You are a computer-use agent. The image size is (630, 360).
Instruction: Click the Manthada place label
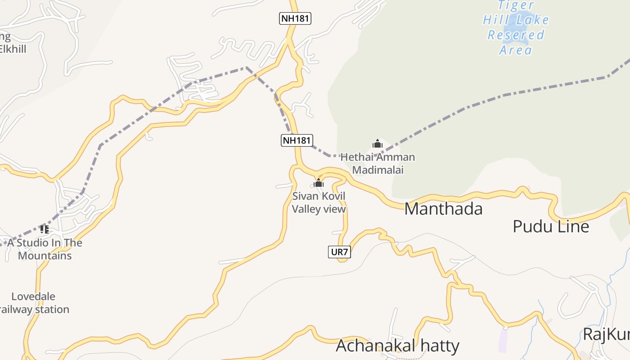[443, 209]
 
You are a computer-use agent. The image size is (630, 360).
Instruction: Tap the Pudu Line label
[551, 226]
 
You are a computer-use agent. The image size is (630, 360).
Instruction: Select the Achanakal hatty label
[397, 346]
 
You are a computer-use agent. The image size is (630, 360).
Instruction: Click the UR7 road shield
[339, 252]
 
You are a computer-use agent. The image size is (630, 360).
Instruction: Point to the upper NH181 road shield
[295, 18]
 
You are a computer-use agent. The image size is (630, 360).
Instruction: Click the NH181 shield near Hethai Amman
[297, 140]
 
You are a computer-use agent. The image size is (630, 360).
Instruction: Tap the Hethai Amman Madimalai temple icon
[378, 144]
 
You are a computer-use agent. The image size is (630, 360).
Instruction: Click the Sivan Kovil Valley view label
[319, 202]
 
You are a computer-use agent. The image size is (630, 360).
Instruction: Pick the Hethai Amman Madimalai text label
[378, 163]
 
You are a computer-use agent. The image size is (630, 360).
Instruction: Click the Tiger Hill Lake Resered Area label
[516, 27]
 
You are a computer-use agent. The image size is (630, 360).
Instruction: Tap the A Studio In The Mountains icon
[44, 229]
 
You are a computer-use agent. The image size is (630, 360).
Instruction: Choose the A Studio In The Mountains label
[45, 249]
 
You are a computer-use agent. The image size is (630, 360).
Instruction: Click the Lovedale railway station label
[34, 303]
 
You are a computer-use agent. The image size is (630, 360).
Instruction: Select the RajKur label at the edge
[606, 335]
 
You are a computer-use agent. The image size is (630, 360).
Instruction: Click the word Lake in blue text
[532, 20]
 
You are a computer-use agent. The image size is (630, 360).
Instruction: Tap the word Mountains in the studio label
[45, 256]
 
